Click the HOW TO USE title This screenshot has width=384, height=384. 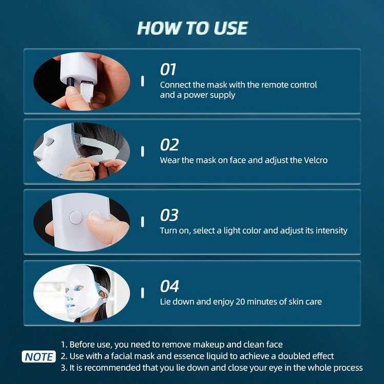[x=192, y=28]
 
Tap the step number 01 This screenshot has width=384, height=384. [x=169, y=69]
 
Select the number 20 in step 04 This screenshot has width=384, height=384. [x=228, y=302]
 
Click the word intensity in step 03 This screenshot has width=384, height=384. [x=330, y=230]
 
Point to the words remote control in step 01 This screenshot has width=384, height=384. [x=291, y=84]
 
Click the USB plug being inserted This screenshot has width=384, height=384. [x=86, y=93]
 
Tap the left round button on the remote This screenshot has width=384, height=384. [x=75, y=217]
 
